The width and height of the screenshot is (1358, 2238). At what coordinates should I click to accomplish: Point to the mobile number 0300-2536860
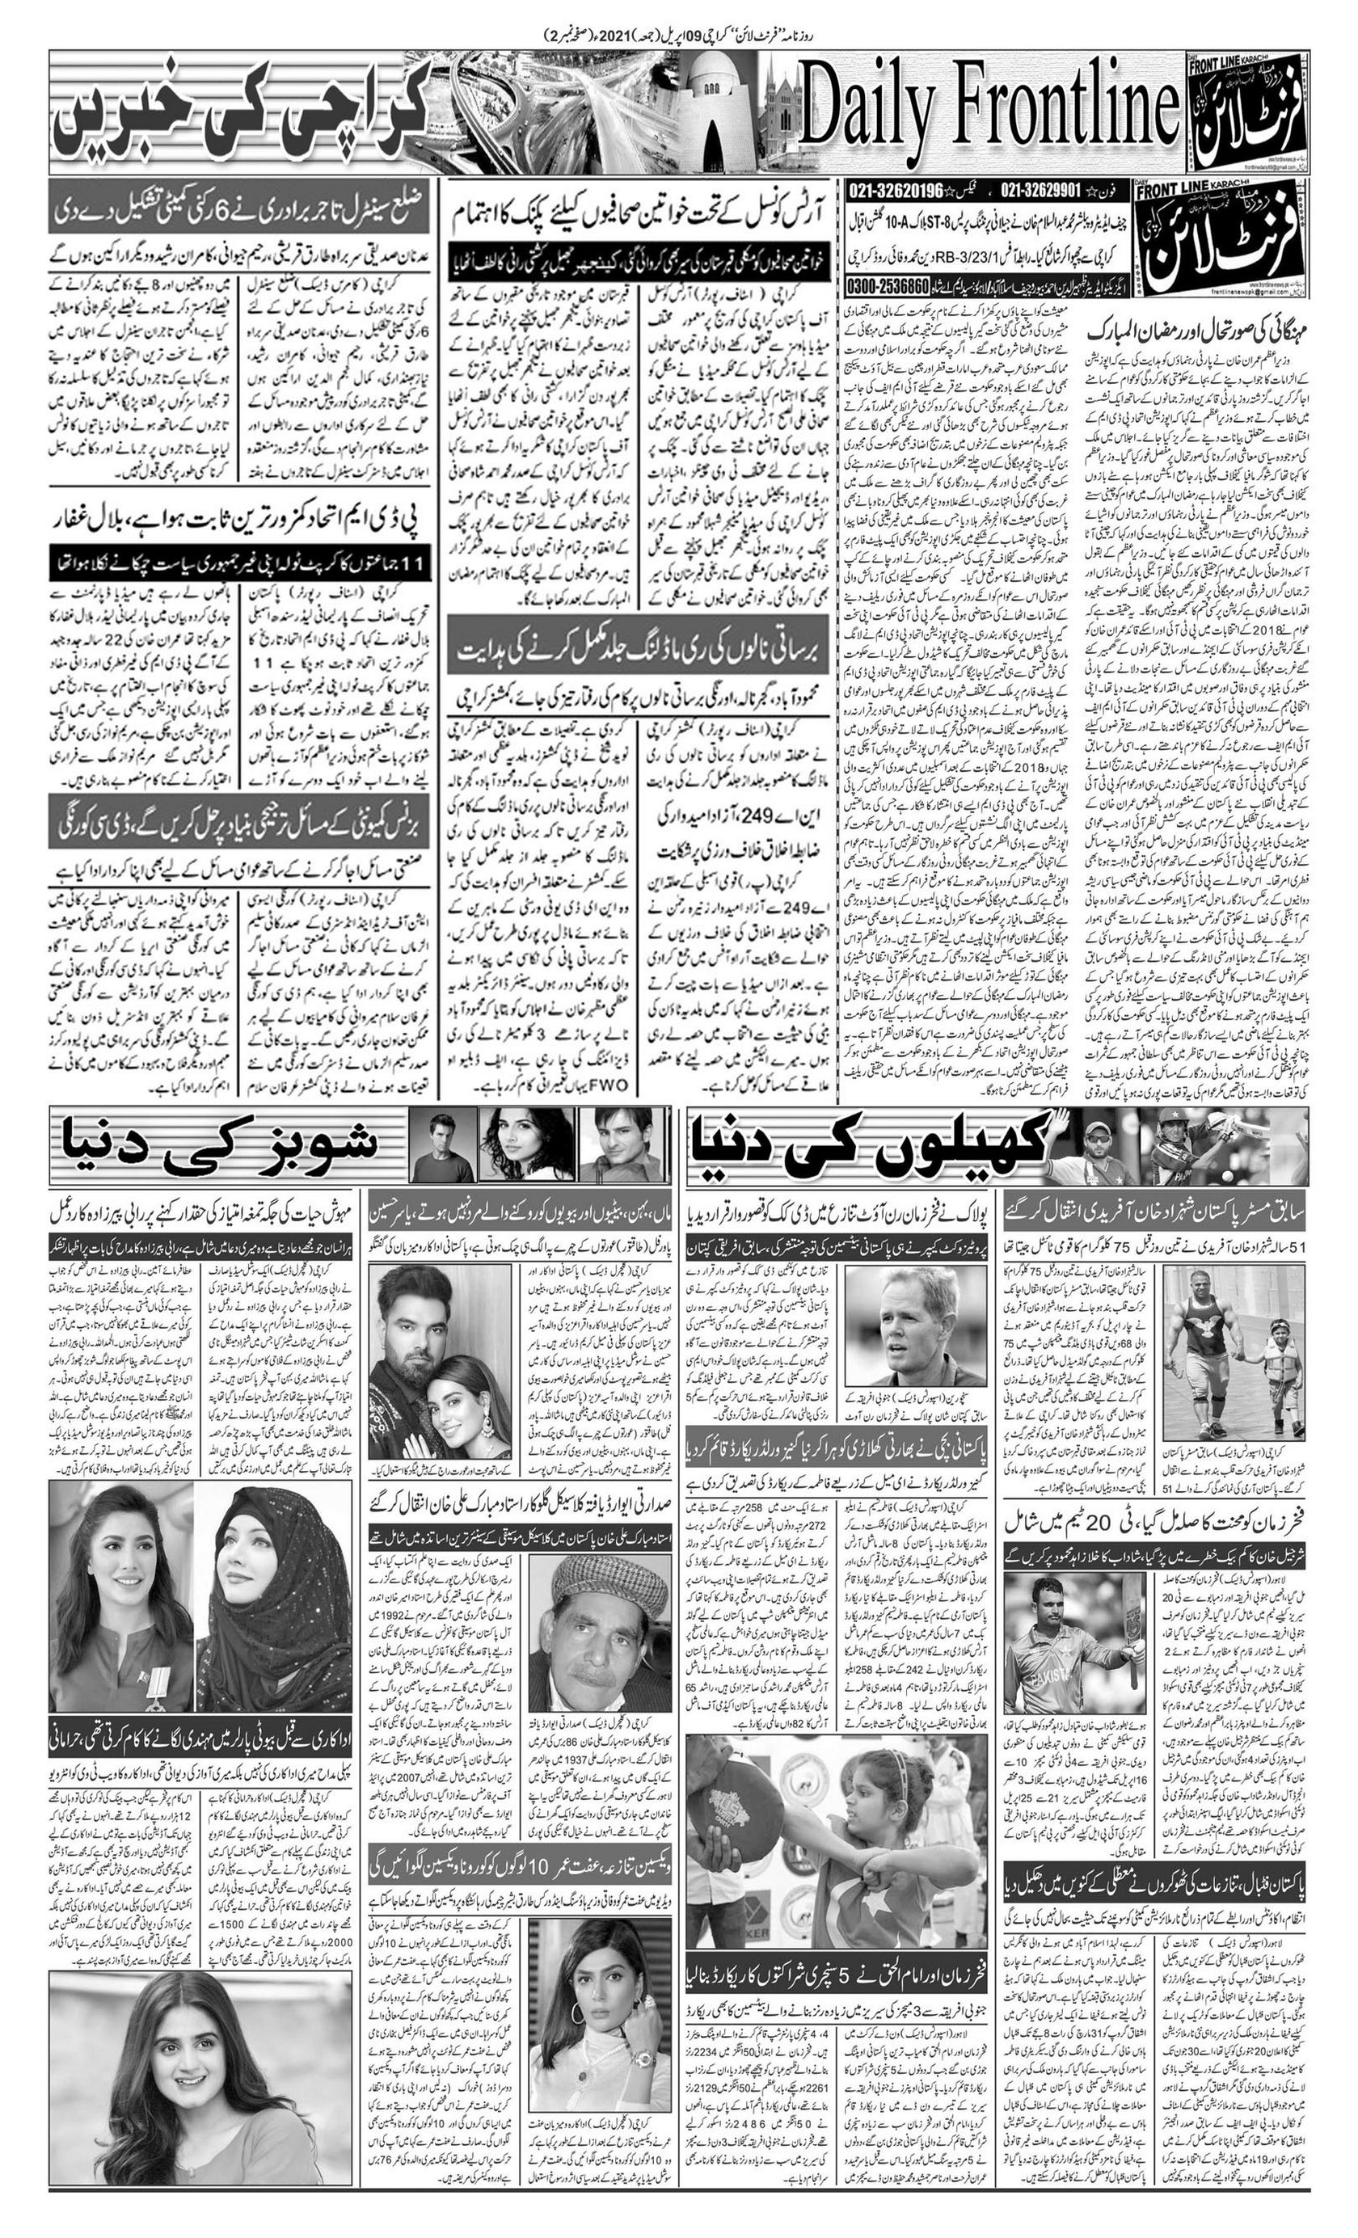tap(887, 286)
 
